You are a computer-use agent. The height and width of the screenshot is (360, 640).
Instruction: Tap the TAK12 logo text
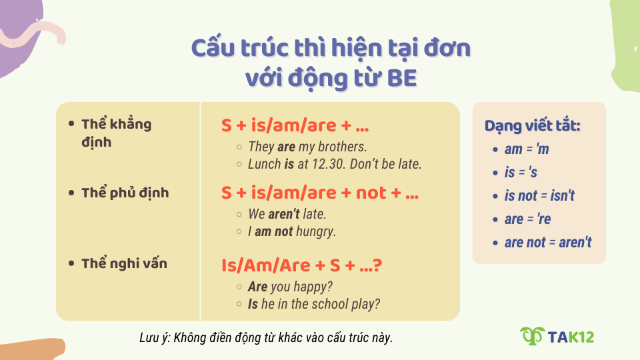570,337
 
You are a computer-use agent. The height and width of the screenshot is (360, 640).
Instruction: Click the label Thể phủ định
125,193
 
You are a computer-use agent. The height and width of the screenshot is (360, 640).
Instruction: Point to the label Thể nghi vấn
124,263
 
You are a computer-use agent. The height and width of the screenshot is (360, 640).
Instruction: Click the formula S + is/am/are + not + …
320,193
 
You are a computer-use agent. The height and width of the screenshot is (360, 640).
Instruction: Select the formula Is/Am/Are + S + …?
301,265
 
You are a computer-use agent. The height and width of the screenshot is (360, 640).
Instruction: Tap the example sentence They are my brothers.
307,147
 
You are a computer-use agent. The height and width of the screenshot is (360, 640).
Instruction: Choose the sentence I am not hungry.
292,232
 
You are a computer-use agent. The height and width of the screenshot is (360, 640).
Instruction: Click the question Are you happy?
290,287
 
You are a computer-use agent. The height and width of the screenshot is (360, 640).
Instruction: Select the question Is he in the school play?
313,304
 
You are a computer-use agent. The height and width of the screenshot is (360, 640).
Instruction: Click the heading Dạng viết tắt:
532,126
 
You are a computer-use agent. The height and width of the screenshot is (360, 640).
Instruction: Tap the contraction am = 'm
527,149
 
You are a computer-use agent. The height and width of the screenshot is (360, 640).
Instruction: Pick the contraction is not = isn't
539,196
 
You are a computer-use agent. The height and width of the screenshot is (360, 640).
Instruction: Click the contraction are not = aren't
547,243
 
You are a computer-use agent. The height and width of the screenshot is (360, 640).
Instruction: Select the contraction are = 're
527,219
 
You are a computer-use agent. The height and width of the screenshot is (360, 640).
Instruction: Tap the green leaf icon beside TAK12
532,337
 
